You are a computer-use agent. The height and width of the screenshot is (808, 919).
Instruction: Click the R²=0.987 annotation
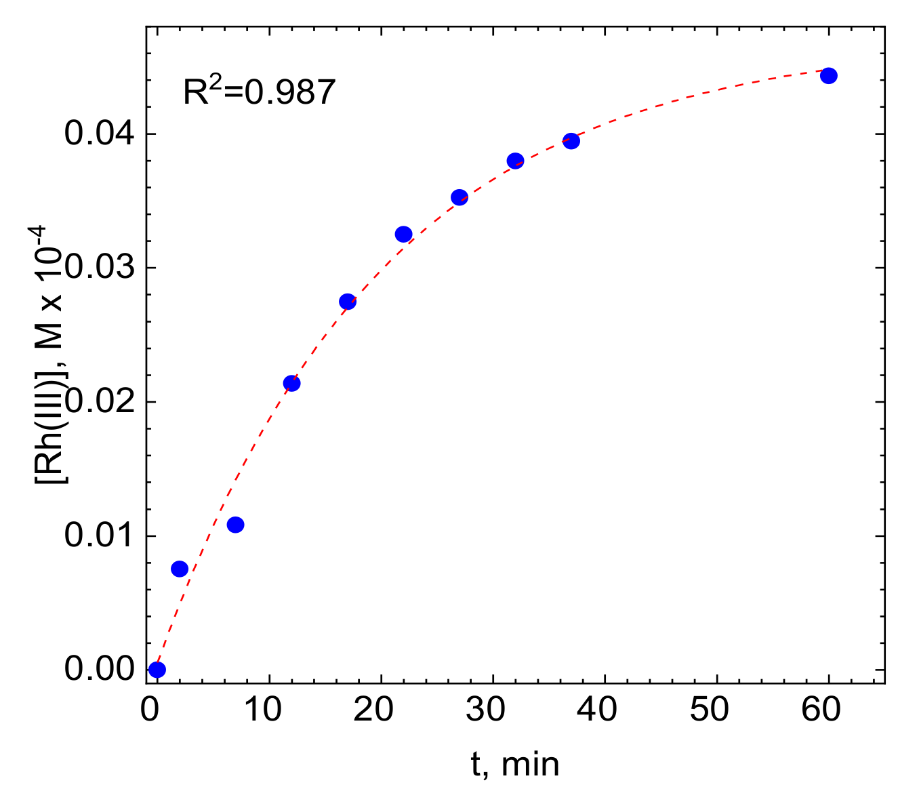260,92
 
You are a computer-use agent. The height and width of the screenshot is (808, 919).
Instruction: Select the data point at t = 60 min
828,75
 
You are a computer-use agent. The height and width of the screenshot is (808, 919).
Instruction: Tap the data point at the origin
157,670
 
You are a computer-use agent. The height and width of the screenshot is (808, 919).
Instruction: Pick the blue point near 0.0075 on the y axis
180,569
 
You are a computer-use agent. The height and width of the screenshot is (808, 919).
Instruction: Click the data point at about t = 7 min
235,525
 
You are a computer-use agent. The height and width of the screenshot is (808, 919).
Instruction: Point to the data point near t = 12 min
291,383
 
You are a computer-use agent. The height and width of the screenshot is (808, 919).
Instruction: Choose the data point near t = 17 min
348,302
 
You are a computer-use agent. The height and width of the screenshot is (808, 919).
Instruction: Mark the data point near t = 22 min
403,235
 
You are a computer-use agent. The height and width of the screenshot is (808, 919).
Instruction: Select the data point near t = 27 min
459,197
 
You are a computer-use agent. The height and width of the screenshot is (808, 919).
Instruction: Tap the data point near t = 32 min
515,161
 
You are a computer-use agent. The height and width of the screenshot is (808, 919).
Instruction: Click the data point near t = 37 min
571,141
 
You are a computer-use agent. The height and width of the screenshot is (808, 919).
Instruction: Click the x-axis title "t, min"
515,765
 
